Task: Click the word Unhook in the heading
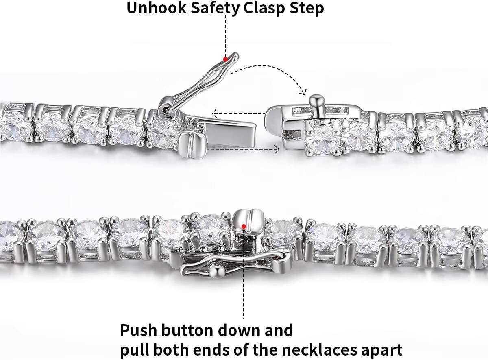tap(156, 8)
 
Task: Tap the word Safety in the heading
tap(215, 9)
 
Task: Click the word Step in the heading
tap(307, 9)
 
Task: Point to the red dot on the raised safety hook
tap(225, 59)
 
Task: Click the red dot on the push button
tap(244, 227)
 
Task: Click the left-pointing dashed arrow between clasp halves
tap(239, 113)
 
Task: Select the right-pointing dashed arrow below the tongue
tap(244, 149)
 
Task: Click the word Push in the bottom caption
tap(138, 331)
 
